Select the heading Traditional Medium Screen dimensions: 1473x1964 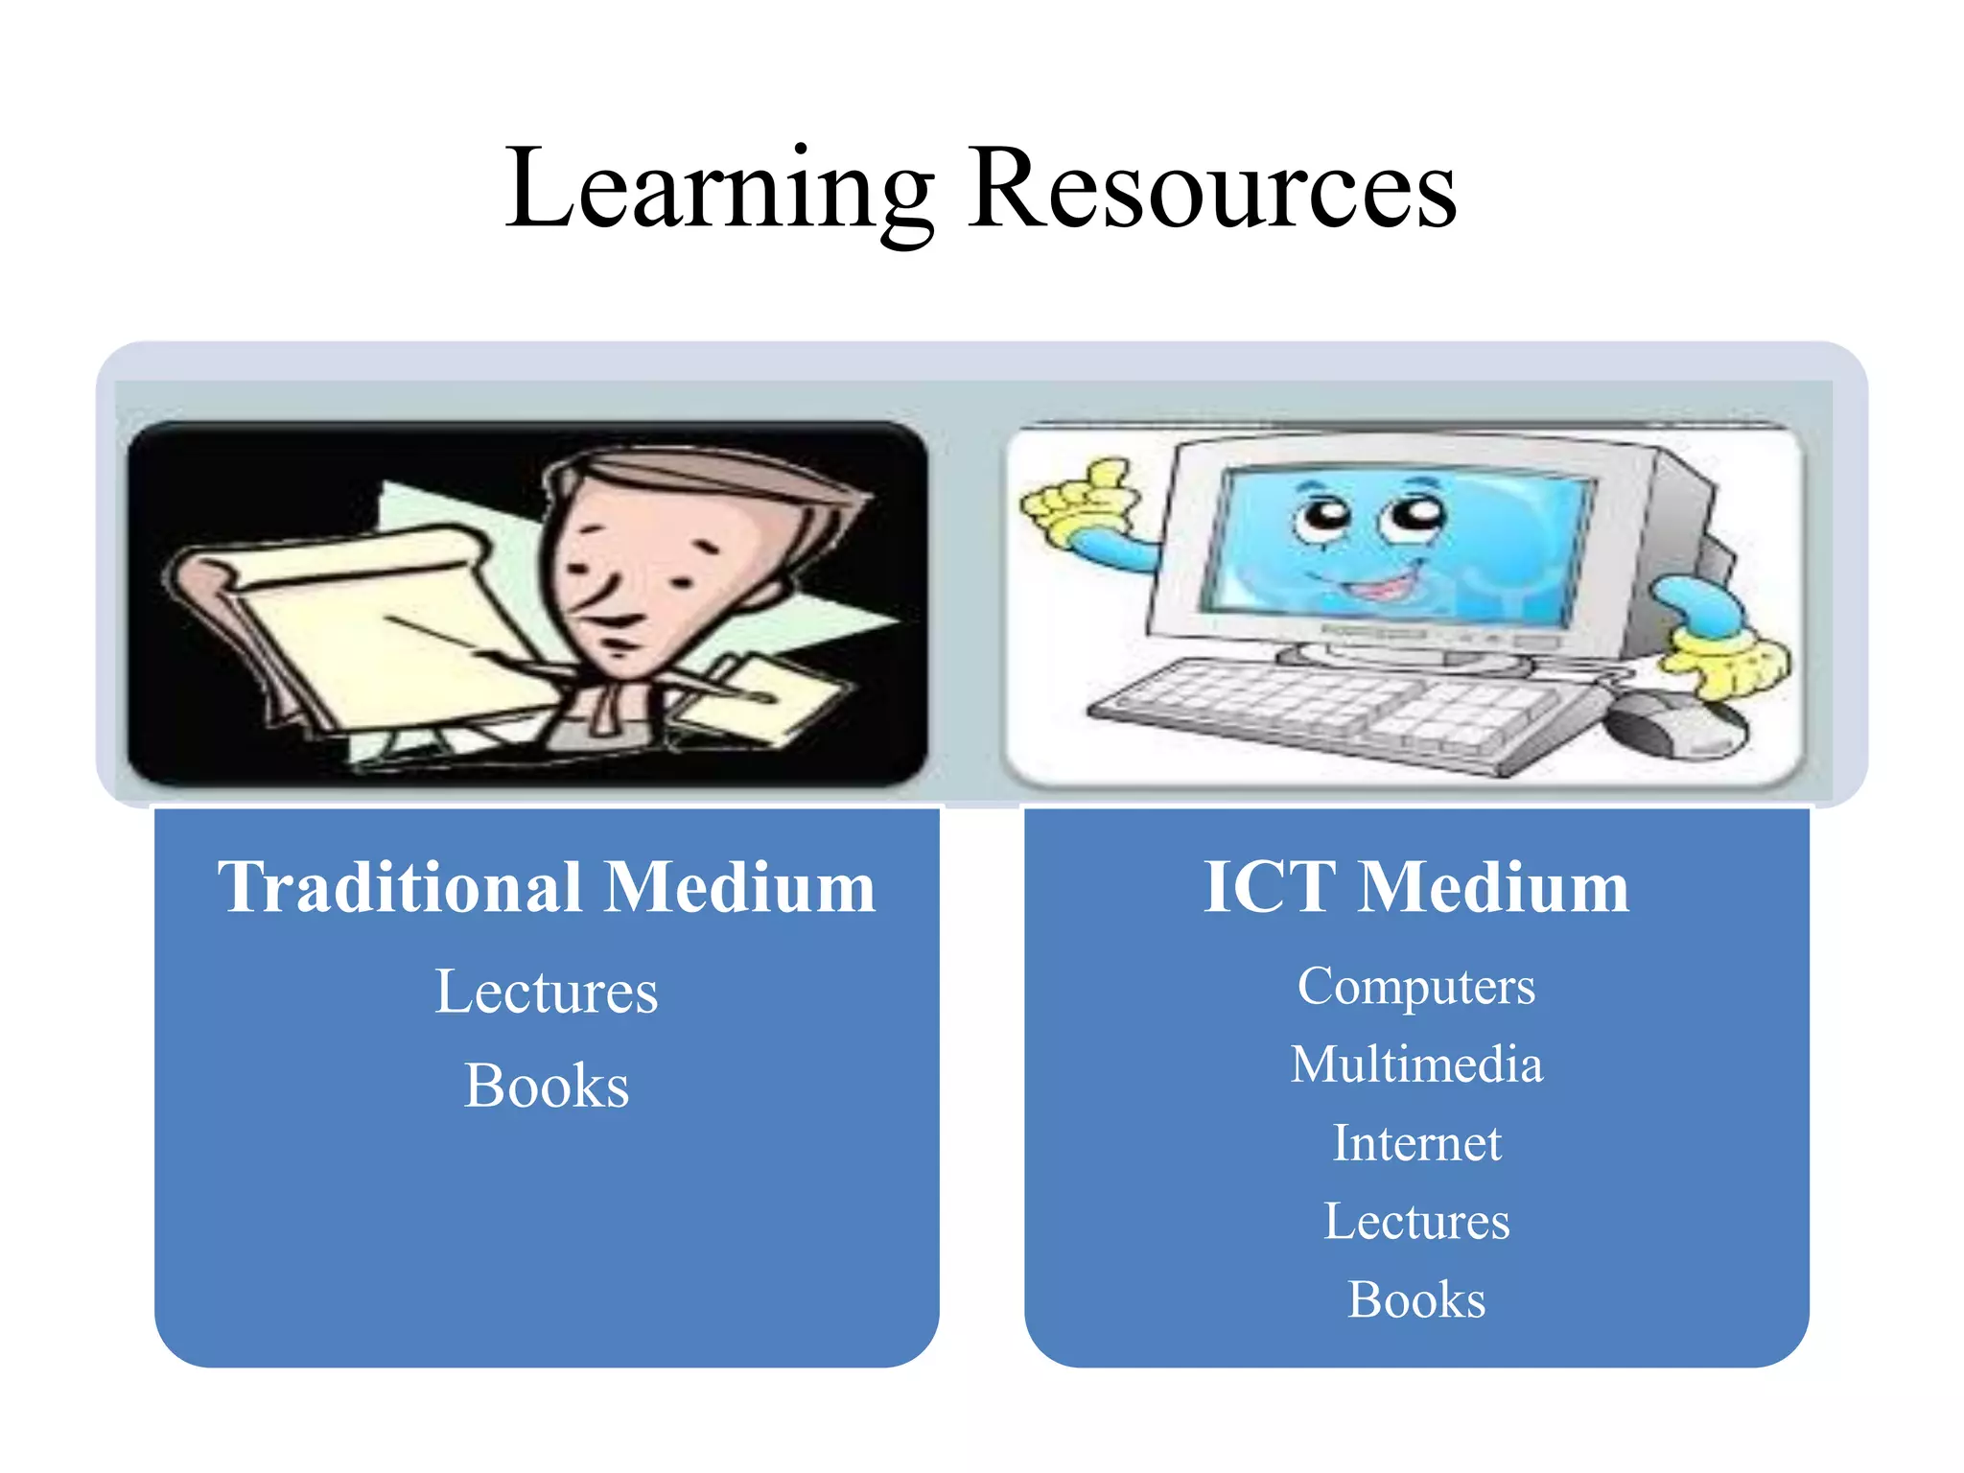coord(547,887)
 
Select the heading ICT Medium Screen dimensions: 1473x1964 coord(1415,887)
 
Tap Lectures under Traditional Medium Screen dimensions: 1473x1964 coord(547,992)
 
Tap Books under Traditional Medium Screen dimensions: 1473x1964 coord(547,1087)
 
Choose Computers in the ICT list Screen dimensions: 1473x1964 coord(1415,986)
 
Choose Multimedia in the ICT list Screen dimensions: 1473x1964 coord(1415,1064)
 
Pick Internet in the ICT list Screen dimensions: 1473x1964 coord(1415,1143)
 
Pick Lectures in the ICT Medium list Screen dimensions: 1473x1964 coord(1415,1222)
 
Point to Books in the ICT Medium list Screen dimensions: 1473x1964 coord(1415,1300)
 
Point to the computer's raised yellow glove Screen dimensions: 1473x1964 coord(1079,499)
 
